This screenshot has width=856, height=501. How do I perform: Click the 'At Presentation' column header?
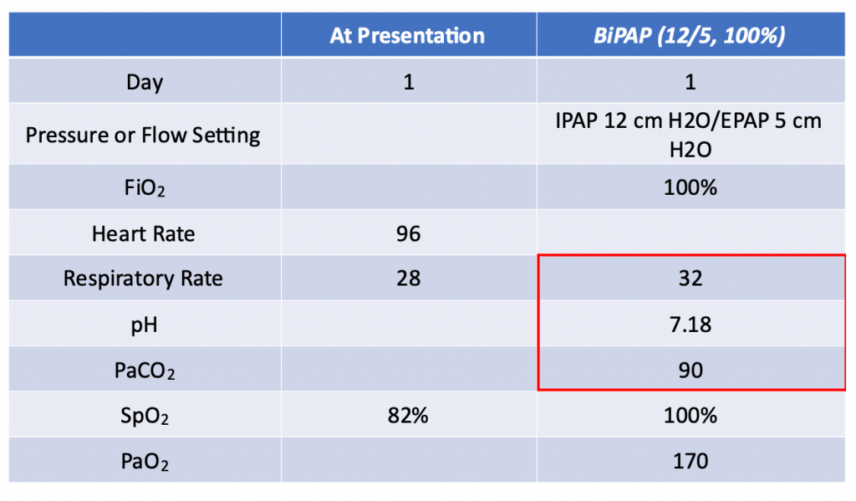point(407,36)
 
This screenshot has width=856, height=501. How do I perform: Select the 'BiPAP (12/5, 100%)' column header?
point(690,36)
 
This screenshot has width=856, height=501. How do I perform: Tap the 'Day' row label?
point(145,83)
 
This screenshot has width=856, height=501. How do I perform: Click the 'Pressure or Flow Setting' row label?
point(143,135)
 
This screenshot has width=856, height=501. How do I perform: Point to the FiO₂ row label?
point(145,188)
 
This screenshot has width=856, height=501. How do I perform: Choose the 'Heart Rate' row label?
point(143,234)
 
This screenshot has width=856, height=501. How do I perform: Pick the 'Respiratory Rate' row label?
point(143,279)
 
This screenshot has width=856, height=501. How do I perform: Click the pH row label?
point(144,325)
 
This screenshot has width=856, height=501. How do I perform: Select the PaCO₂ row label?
point(145,371)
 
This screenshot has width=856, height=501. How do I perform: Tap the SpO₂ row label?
point(145,417)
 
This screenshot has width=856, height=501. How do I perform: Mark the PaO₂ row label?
point(145,462)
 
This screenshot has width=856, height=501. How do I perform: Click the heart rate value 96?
point(408,234)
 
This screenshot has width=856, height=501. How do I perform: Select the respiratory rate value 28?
point(408,279)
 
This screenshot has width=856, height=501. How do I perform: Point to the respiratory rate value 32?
point(690,279)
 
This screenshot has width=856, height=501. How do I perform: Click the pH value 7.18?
point(690,325)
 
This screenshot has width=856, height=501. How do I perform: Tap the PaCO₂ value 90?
point(690,371)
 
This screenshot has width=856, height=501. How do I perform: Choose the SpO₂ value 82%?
point(408,416)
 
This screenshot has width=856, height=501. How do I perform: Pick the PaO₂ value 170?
point(690,462)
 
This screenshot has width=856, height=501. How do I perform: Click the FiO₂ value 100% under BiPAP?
point(690,188)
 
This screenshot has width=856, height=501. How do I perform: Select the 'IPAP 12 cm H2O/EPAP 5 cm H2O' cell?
point(689,135)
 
